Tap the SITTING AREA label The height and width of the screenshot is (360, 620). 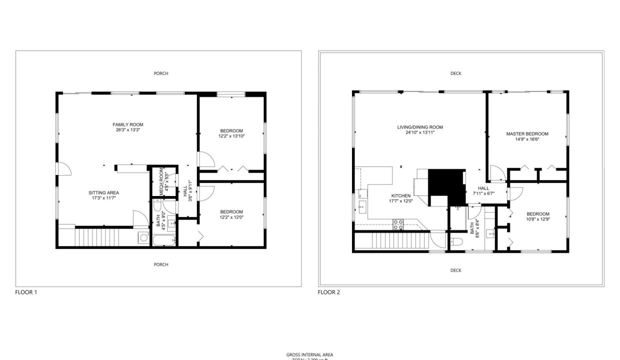tap(104, 192)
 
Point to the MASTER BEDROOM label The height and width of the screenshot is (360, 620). tap(527, 134)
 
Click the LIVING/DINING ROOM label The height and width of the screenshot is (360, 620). tap(420, 127)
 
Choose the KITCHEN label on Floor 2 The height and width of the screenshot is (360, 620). tap(400, 195)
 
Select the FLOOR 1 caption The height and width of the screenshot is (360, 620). tap(26, 292)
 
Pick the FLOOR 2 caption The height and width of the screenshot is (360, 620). tap(329, 292)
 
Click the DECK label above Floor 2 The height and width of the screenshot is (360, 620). tap(455, 73)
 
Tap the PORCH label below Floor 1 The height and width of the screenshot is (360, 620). tap(161, 264)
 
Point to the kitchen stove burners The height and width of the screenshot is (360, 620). tap(398, 224)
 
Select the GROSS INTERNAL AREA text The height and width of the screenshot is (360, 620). tap(309, 355)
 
